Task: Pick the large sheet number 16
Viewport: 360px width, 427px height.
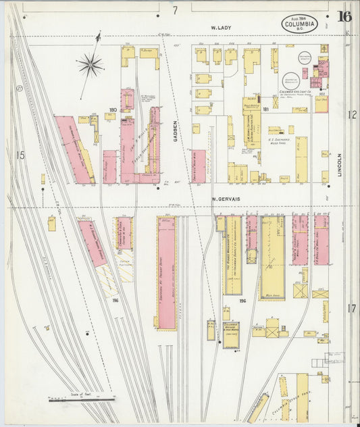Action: tap(344, 17)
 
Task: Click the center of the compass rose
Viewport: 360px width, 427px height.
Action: tap(89, 65)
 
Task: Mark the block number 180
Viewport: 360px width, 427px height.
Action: tap(113, 109)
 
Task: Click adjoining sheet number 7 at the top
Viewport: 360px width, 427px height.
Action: tap(174, 10)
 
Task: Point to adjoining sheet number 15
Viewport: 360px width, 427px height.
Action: tap(20, 155)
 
